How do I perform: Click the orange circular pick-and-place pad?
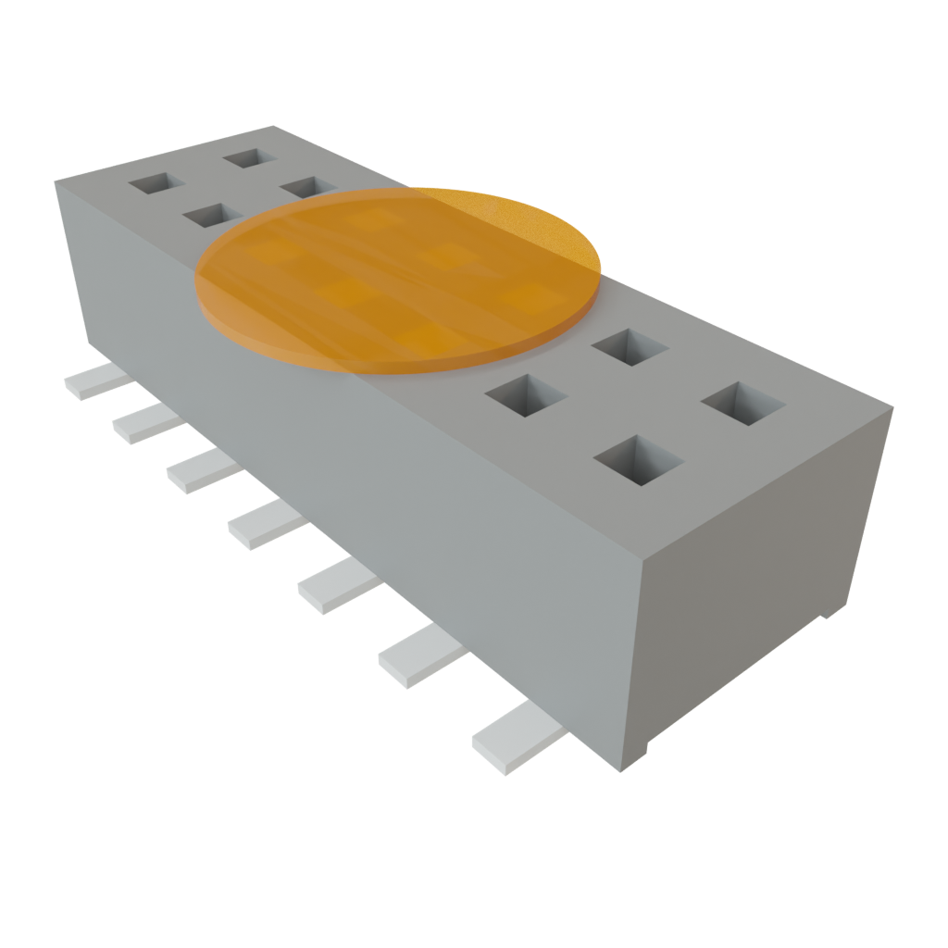click(x=398, y=278)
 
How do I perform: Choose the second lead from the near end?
click(x=421, y=655)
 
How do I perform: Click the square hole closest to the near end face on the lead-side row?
click(x=639, y=460)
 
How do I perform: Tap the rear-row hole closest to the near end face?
click(x=743, y=405)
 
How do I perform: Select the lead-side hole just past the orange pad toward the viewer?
click(x=524, y=398)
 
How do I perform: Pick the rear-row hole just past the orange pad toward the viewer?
click(x=630, y=347)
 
